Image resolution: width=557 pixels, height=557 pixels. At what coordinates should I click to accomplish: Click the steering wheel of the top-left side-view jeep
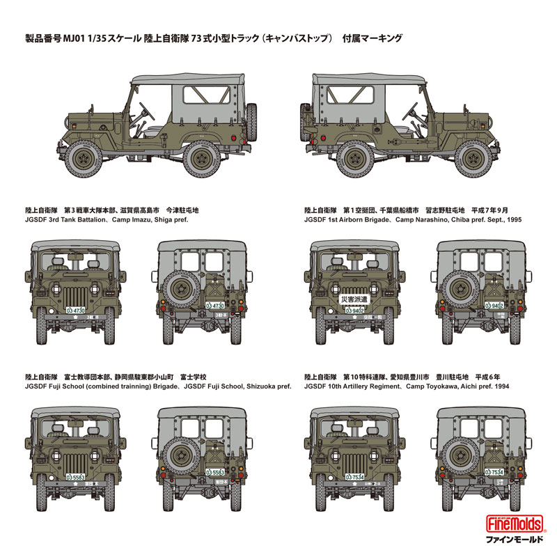point(144,110)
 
